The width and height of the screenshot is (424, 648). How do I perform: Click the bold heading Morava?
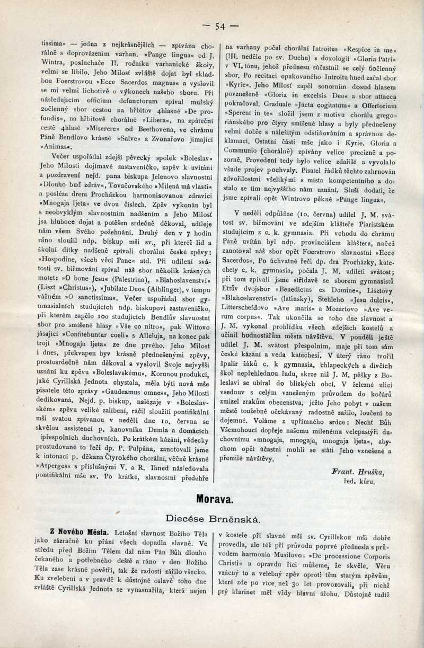(215, 499)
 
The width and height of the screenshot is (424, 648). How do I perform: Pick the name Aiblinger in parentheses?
(167, 289)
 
